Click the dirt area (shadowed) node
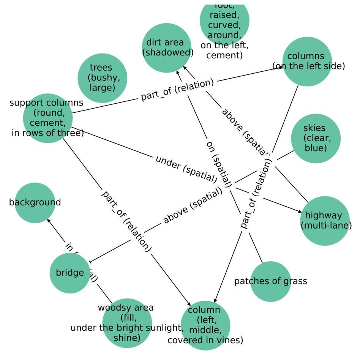(166, 48)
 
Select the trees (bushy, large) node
(102, 78)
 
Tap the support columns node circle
(47, 118)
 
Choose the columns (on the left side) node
(307, 62)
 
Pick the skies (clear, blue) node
(316, 139)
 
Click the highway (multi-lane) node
(325, 221)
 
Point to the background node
(35, 202)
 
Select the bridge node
(70, 273)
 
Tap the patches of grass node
(270, 281)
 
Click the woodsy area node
(127, 323)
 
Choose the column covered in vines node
(205, 325)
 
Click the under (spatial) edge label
(186, 167)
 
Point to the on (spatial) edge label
(218, 164)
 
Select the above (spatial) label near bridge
(193, 206)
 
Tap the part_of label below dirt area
(177, 90)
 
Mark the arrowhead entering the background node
(48, 220)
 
